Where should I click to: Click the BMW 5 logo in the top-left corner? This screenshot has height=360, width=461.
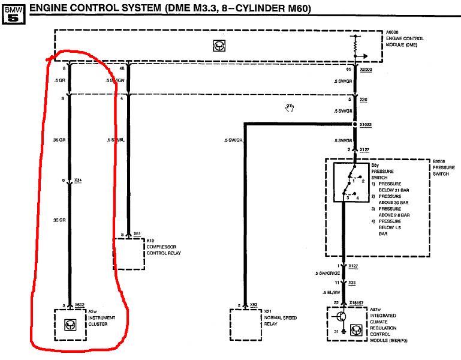[x=13, y=11]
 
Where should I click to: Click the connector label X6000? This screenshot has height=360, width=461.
[x=366, y=70]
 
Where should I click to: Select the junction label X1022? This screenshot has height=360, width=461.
[x=366, y=124]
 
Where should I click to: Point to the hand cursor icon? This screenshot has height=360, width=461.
[x=291, y=107]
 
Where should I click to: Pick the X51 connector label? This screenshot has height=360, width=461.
[x=137, y=235]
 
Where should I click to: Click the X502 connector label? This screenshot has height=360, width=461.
[x=80, y=305]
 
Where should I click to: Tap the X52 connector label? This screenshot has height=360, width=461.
[x=254, y=305]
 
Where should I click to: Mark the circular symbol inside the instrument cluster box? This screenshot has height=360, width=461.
[x=70, y=325]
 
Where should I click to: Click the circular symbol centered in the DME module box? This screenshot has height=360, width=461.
[x=219, y=46]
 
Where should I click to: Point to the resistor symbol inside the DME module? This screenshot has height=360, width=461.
[x=354, y=43]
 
